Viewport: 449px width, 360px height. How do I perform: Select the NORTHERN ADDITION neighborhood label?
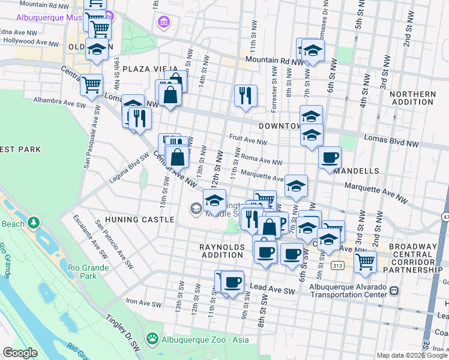pos(412,99)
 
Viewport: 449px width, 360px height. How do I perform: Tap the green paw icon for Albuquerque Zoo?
pos(152,340)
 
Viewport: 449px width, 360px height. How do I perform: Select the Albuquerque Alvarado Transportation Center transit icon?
pos(394,290)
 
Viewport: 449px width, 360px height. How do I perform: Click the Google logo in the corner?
pos(20,353)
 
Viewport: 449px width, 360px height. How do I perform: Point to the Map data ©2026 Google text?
pos(411,355)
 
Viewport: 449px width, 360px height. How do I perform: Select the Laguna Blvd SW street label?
pos(128,170)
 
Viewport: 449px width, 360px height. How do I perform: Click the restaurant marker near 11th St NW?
pos(245,95)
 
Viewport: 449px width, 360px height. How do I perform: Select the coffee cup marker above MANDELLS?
pos(330,158)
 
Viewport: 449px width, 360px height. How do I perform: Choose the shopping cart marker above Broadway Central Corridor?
pos(364,261)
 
